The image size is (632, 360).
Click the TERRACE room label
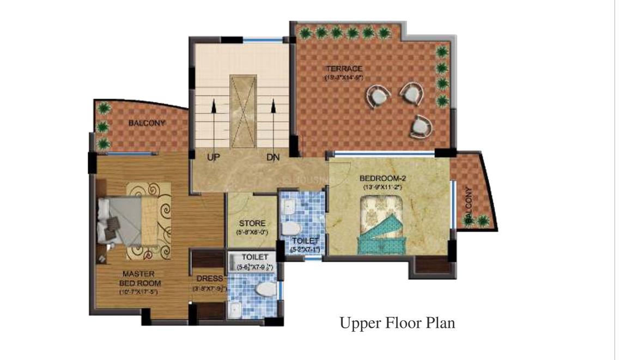click(343, 69)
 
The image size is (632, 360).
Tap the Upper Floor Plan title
click(397, 323)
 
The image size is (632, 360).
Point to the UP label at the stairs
click(214, 157)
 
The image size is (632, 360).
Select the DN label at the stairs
click(273, 157)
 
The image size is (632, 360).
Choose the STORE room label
click(252, 223)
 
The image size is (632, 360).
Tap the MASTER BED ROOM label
click(138, 278)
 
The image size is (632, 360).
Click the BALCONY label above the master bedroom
click(146, 123)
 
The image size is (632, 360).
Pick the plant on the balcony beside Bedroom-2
click(483, 220)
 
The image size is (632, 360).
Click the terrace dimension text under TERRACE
click(343, 77)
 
